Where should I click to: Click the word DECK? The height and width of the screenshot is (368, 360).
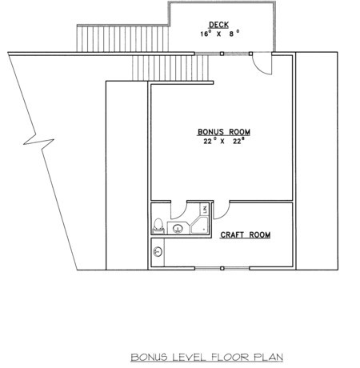pos(218,25)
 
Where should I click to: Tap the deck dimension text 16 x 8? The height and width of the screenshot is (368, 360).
pos(220,34)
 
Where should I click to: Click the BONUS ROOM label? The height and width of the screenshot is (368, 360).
pos(224,132)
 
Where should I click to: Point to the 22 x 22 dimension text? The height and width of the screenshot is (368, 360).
pos(224,141)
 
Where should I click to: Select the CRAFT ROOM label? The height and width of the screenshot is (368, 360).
pos(246,234)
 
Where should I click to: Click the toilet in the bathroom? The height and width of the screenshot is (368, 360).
pos(158,226)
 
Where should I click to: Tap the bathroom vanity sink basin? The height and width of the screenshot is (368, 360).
pos(178,228)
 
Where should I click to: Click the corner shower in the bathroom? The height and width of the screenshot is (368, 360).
pos(199,226)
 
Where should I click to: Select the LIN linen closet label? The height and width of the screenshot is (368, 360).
pos(205,209)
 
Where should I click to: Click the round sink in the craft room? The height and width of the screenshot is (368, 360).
pos(158,251)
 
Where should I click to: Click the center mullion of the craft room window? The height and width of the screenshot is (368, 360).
pos(222,268)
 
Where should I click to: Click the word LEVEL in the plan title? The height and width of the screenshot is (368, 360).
pos(190,357)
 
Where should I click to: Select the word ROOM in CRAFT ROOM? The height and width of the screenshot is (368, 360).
pos(260,234)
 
